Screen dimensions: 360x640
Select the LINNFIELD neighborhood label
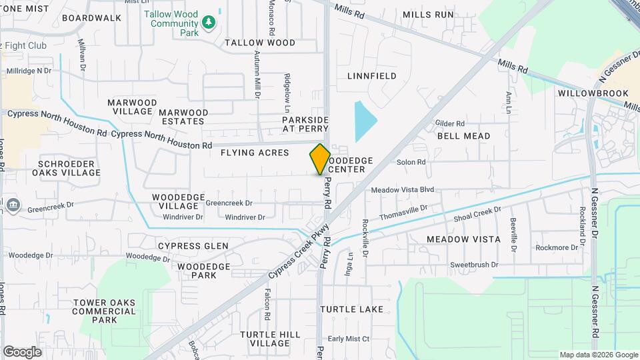click(372, 76)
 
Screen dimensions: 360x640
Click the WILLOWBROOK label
click(585, 93)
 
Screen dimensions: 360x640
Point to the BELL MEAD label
click(463, 136)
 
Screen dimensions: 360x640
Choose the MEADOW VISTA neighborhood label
click(463, 239)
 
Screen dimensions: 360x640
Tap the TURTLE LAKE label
click(351, 309)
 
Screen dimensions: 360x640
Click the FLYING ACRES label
click(255, 153)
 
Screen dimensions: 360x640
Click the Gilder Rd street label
click(449, 123)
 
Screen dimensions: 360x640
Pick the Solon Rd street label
click(411, 162)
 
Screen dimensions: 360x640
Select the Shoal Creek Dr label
click(477, 214)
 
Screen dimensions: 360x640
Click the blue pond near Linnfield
click(365, 121)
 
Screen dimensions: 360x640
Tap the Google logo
click(22, 351)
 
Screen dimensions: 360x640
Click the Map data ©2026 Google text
click(598, 355)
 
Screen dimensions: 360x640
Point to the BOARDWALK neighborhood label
click(92, 18)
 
